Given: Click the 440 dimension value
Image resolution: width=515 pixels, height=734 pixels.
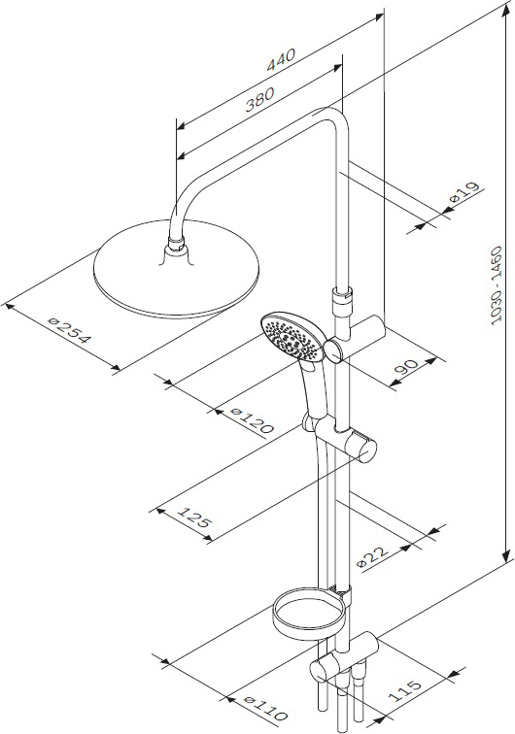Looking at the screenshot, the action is point(281,59).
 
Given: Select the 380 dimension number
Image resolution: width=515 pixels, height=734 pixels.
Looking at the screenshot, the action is point(259,100).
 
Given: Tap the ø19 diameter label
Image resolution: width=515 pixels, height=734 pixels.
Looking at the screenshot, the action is point(464,192).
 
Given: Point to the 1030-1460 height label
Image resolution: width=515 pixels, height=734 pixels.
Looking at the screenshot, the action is point(497,285).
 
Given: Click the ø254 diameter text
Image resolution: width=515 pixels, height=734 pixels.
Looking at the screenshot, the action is point(68,330).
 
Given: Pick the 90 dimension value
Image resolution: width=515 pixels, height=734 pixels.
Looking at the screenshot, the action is point(406,366).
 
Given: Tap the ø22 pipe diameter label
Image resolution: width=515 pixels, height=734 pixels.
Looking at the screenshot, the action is point(372,555).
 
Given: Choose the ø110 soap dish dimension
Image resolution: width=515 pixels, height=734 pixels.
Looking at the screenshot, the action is point(266,708).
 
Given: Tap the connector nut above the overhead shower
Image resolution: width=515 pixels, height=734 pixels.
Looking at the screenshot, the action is point(176,245).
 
